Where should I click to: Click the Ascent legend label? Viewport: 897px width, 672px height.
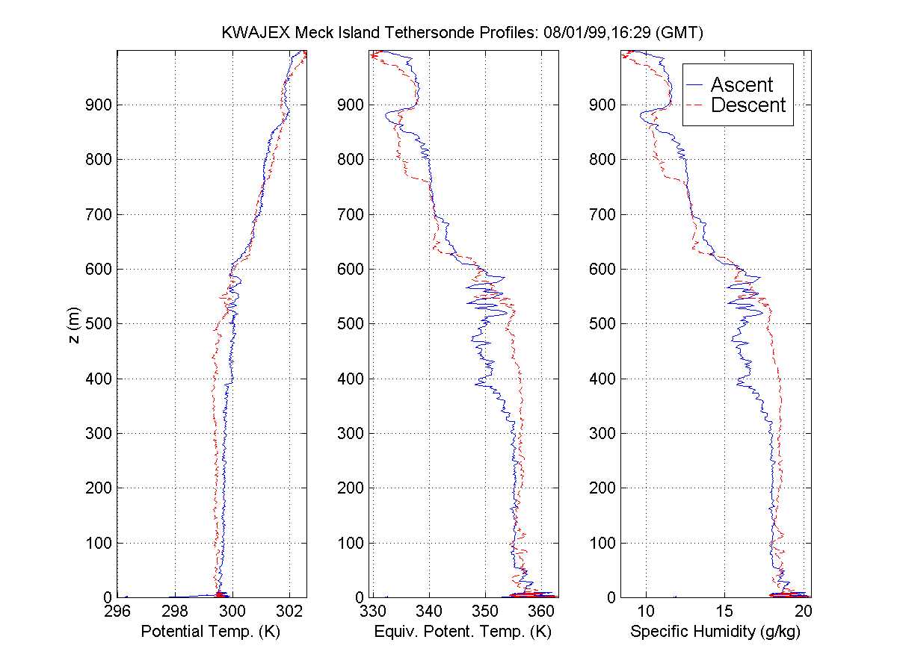click(x=742, y=85)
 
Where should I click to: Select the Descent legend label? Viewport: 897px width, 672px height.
click(x=748, y=105)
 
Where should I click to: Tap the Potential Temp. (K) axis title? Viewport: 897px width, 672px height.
click(x=212, y=632)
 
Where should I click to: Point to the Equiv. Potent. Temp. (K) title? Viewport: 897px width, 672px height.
click(x=464, y=632)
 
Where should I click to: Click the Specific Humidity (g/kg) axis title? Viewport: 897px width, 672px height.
click(x=716, y=632)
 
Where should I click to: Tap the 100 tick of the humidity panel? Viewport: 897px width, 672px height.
click(x=604, y=543)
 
